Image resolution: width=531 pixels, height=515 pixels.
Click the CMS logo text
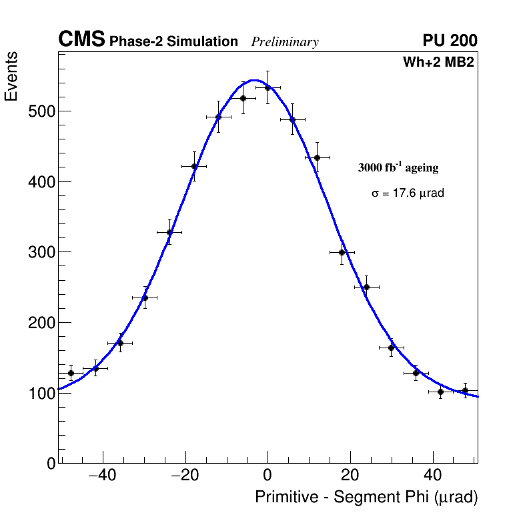coord(81,40)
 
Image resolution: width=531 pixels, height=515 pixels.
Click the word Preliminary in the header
coord(285,42)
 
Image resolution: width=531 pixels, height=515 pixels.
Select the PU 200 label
coord(450,41)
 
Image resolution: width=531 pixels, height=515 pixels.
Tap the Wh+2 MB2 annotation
coord(438,63)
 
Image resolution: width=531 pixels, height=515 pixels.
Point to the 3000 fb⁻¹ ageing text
coord(398,167)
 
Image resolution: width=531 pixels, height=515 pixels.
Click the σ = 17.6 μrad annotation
coord(408,193)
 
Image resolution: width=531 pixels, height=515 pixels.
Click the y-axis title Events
coord(11,77)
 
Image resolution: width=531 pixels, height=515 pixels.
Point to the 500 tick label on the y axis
coord(41,111)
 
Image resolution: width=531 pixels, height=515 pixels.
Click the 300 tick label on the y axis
coord(41,252)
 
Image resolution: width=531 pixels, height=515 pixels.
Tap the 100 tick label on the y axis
coord(41,393)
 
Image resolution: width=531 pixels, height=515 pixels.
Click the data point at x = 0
coord(268,87)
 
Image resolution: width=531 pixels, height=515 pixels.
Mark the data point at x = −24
coord(169,232)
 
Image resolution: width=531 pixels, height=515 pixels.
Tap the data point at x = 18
coord(342,252)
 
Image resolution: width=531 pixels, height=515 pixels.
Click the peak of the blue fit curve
coord(255,80)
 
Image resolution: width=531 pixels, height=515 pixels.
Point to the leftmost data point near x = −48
coord(71,373)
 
